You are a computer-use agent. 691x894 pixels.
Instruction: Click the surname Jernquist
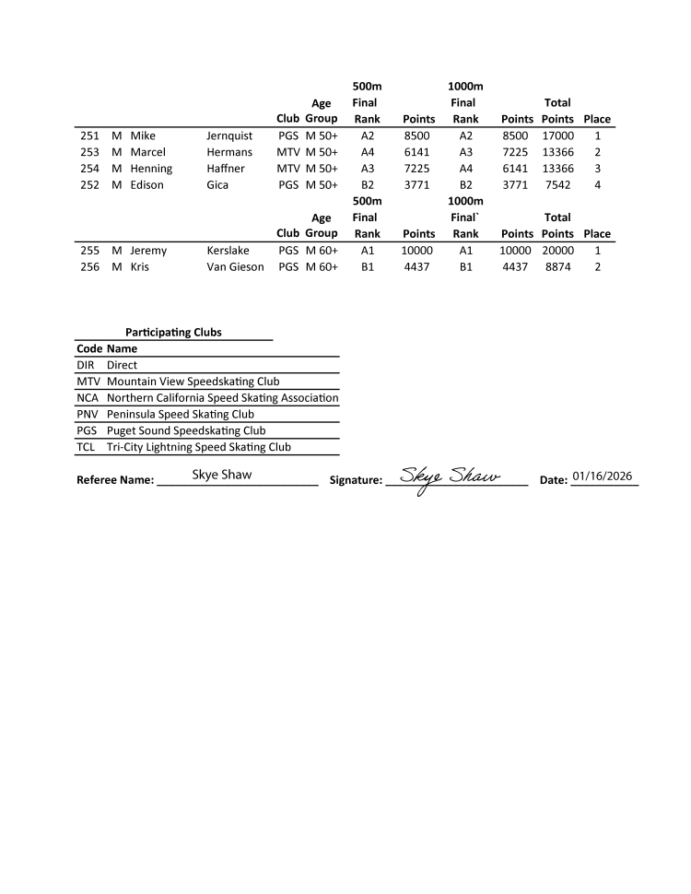(229, 135)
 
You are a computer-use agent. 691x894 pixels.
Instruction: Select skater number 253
(89, 152)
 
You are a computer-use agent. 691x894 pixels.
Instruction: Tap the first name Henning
(151, 169)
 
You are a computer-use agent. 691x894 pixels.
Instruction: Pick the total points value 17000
(557, 135)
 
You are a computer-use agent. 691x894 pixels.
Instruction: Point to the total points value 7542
(557, 185)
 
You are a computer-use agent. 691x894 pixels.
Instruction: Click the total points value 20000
(557, 250)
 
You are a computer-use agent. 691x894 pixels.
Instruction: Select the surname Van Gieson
(235, 266)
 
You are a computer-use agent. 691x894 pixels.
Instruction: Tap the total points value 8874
(557, 266)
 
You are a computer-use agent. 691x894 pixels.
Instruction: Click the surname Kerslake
(228, 250)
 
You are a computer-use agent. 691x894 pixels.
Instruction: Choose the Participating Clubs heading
(173, 332)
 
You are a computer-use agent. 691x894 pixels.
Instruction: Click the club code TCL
(86, 447)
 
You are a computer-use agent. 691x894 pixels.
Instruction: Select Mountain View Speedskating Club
(193, 381)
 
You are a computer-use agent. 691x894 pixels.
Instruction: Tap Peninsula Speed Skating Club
(181, 414)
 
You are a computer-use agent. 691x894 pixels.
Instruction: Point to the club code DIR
(86, 365)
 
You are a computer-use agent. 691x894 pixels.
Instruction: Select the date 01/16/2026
(603, 476)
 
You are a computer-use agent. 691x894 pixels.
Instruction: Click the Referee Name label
(115, 480)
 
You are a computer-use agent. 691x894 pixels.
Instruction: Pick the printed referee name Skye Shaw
(222, 476)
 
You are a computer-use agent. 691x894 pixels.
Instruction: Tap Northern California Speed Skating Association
(222, 397)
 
